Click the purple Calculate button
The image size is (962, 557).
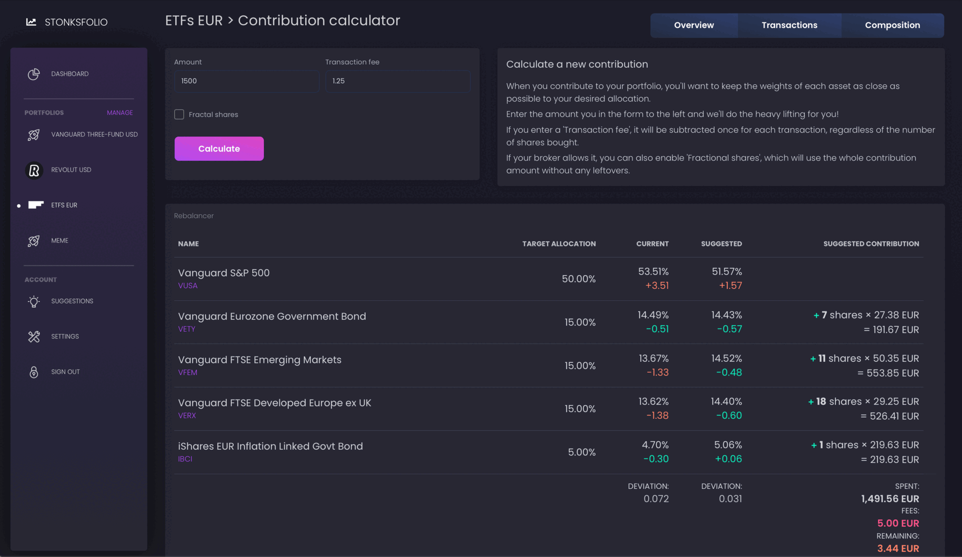pyautogui.click(x=219, y=149)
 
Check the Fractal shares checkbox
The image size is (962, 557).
pyautogui.click(x=179, y=114)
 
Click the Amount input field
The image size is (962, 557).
pyautogui.click(x=247, y=81)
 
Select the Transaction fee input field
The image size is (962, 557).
pyautogui.click(x=398, y=81)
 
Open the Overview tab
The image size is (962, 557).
pyautogui.click(x=694, y=25)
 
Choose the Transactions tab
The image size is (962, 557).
pyautogui.click(x=789, y=25)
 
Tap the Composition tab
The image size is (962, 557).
pyautogui.click(x=892, y=25)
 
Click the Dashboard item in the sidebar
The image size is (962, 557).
pyautogui.click(x=70, y=74)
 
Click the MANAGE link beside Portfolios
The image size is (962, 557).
pyautogui.click(x=120, y=112)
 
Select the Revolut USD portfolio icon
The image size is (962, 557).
pyautogui.click(x=34, y=170)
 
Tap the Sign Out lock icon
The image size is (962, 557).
pyautogui.click(x=34, y=372)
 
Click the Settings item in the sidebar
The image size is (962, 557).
pyautogui.click(x=65, y=336)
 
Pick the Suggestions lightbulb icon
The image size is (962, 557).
pyautogui.click(x=34, y=301)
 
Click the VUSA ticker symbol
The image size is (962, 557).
pyautogui.click(x=188, y=286)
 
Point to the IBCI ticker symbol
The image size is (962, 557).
pyautogui.click(x=185, y=459)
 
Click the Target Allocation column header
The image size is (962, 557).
pyautogui.click(x=559, y=244)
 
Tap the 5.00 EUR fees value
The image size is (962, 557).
pyautogui.click(x=898, y=523)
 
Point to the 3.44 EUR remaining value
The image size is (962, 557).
pyautogui.click(x=898, y=549)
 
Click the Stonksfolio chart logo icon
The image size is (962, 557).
pyautogui.click(x=31, y=22)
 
